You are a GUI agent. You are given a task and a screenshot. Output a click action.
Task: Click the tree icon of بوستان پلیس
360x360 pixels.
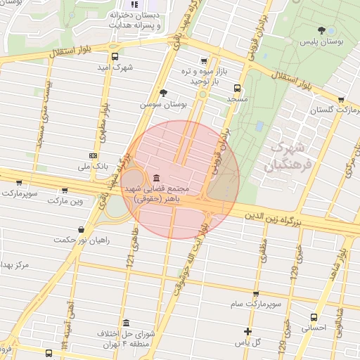[322, 30]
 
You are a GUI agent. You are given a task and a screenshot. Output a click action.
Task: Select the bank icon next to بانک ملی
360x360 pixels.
[93, 155]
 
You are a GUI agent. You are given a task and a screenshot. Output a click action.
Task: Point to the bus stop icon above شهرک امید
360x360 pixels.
[115, 57]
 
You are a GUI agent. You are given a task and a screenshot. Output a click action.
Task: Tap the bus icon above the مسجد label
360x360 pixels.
[237, 89]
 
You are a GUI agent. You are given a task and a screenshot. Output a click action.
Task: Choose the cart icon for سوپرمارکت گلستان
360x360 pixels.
[341, 100]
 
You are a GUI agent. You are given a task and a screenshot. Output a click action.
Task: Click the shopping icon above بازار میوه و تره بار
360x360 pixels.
[203, 60]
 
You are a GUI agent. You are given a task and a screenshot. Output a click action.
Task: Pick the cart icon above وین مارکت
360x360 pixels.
[65, 189]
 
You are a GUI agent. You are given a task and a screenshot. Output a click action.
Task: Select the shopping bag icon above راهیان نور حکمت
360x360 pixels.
[82, 229]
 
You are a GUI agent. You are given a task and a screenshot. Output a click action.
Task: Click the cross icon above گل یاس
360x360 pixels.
[247, 331]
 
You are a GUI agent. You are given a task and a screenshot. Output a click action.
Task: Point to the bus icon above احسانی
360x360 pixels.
[314, 317]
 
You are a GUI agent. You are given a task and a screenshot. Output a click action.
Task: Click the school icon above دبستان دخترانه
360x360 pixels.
[134, 5]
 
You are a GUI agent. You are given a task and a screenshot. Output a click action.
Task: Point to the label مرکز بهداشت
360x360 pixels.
[15, 264]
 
